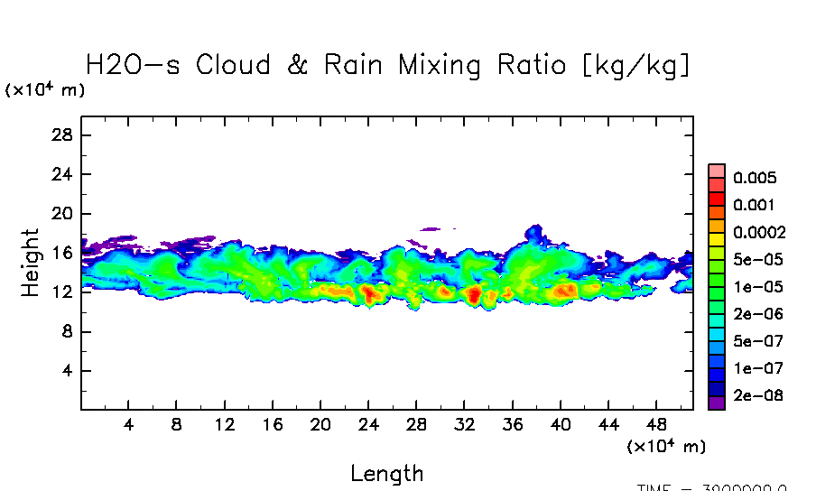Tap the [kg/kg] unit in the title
point(638,65)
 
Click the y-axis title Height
point(31,263)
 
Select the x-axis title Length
point(386,473)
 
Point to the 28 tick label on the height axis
point(64,135)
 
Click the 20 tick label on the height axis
point(64,214)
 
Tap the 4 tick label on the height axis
point(69,371)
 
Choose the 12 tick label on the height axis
point(64,292)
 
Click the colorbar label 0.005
point(755,178)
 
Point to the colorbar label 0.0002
point(759,232)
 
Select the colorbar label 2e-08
point(758,395)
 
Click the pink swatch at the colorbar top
point(717,171)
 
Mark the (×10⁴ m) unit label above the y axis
point(45,90)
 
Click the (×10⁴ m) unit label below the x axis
point(666,446)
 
